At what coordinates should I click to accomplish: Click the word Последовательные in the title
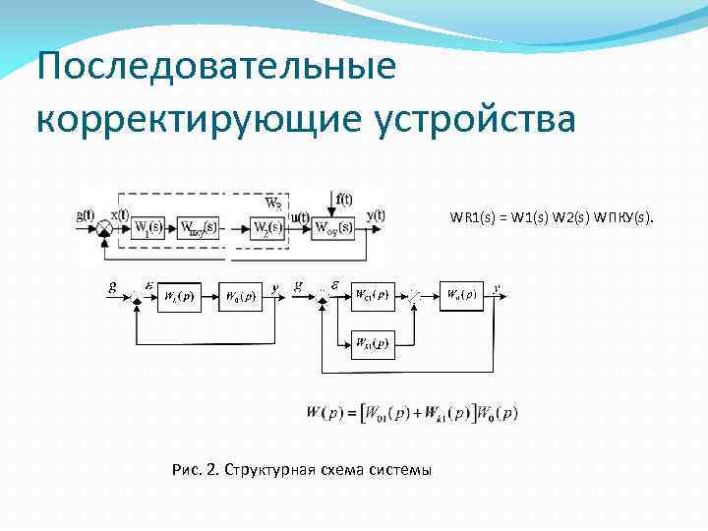coord(215,68)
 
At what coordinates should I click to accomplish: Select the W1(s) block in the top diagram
coord(148,229)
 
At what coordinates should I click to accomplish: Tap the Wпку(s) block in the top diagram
coord(199,229)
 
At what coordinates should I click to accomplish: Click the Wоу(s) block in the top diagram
coord(331,229)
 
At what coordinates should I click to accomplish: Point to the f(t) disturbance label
coord(343,198)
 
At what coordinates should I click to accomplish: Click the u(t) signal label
coord(300,217)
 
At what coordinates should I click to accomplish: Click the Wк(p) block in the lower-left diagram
coord(179,295)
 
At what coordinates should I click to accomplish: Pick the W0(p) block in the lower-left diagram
coord(240,295)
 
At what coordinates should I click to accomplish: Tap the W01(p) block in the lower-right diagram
coord(371,294)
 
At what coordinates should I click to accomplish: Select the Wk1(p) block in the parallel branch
coord(371,343)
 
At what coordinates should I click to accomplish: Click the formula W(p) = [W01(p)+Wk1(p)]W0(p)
coord(411,413)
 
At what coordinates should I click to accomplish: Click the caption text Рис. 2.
coord(196,470)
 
